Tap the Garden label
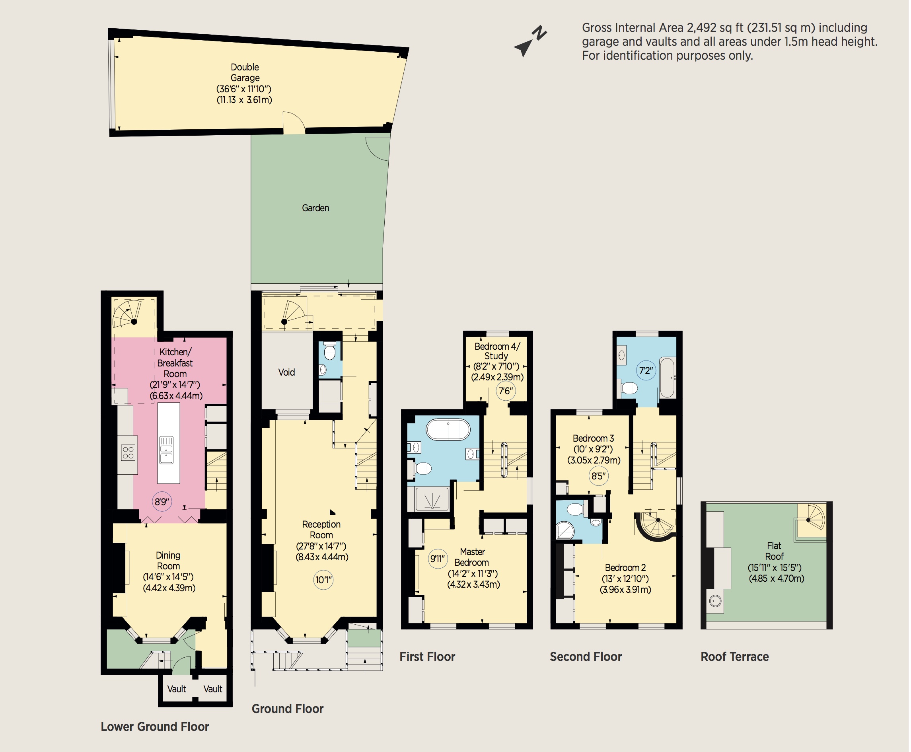(315, 208)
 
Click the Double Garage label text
(245, 72)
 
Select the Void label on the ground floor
(286, 372)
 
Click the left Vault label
(177, 689)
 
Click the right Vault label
(212, 689)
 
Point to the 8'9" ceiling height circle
(162, 502)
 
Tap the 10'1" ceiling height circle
(323, 580)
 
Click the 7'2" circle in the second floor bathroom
(646, 370)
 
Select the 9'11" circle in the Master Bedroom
(438, 559)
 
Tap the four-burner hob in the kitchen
(128, 453)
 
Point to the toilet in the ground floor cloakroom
(330, 351)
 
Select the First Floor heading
(427, 657)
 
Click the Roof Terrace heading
(735, 657)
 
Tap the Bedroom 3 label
(593, 438)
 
